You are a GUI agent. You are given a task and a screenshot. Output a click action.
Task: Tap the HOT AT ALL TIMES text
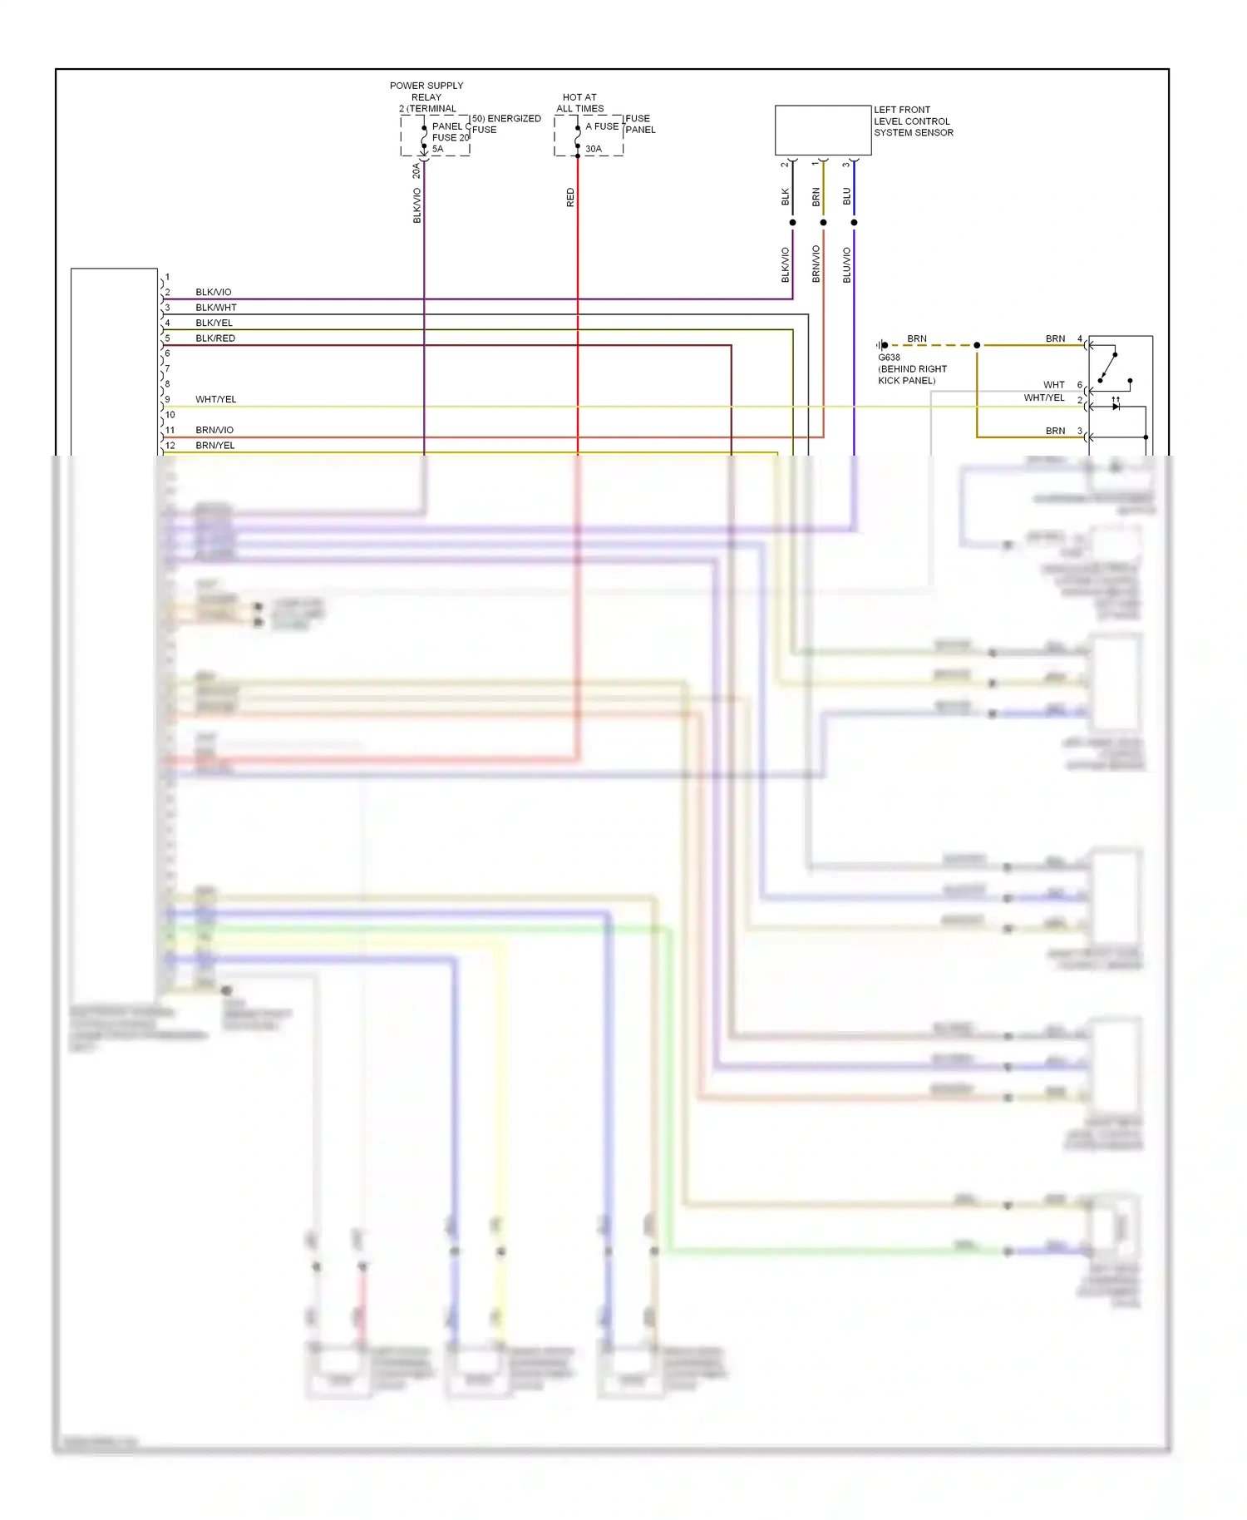click(x=579, y=103)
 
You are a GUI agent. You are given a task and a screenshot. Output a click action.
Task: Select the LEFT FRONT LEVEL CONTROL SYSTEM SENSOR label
click(x=913, y=121)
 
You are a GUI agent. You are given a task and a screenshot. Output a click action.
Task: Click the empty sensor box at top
click(x=822, y=130)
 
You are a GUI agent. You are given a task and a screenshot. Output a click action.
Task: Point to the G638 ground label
click(x=889, y=358)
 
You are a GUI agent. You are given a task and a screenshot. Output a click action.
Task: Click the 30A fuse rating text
click(x=593, y=150)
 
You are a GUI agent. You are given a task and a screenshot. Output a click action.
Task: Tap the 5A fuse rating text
click(x=437, y=150)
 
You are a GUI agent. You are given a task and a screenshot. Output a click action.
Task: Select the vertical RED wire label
click(x=570, y=198)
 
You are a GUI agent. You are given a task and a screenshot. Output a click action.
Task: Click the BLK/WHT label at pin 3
click(x=216, y=308)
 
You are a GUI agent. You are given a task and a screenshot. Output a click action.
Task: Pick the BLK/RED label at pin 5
click(x=215, y=338)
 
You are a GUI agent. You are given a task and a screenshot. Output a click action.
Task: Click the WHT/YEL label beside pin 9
click(x=216, y=400)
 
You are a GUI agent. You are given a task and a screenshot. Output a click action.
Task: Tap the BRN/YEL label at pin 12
click(x=215, y=446)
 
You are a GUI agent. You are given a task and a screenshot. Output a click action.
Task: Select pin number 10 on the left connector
click(x=170, y=415)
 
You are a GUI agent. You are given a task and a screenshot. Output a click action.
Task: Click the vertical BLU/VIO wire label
click(x=847, y=265)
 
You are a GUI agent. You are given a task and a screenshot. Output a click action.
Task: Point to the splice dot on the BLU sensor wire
click(x=854, y=223)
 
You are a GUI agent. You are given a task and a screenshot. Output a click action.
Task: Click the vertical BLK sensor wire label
click(x=786, y=197)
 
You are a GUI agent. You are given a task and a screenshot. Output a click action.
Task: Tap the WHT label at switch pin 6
click(x=1054, y=385)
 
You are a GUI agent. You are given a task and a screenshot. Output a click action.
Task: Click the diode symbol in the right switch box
click(x=1116, y=407)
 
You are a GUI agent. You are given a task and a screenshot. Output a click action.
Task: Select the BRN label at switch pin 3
click(x=1055, y=431)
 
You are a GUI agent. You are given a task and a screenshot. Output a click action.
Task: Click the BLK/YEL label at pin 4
click(x=214, y=323)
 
